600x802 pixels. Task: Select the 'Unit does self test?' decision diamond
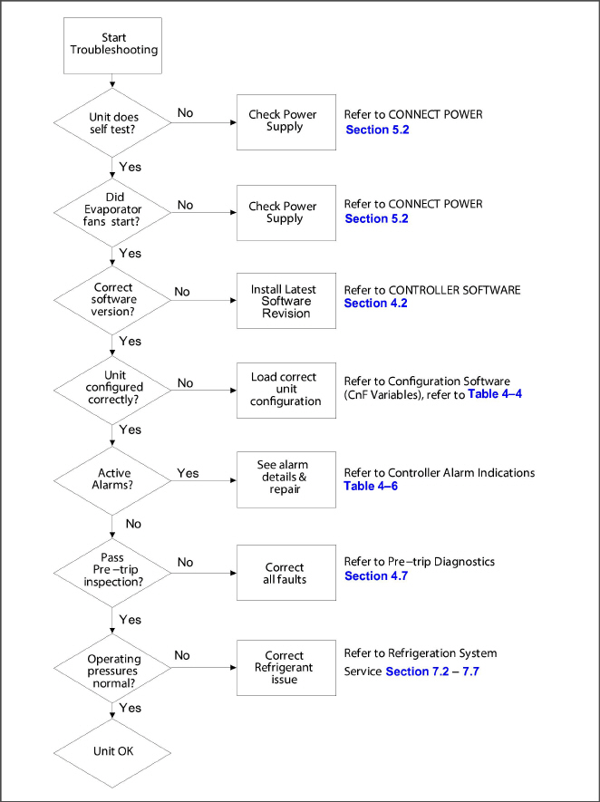(x=113, y=122)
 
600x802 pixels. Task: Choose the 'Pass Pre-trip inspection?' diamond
(x=113, y=569)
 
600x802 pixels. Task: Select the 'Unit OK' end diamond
(x=113, y=751)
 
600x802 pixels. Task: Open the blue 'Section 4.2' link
(x=375, y=304)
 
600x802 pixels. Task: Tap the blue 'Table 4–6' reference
(x=371, y=486)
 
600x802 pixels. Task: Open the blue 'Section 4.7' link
(x=377, y=575)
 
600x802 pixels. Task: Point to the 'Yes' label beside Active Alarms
(x=189, y=473)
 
